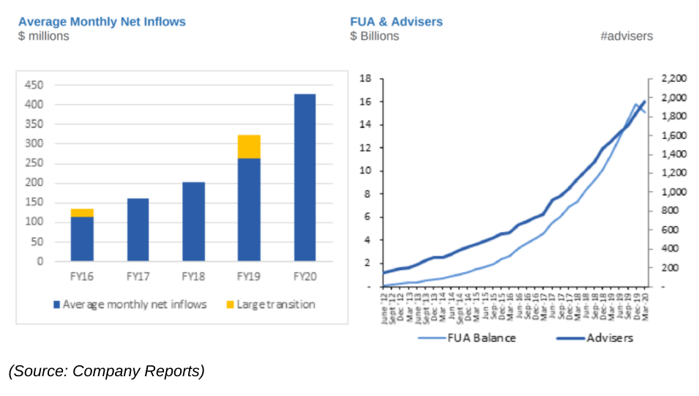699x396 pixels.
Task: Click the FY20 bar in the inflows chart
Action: coord(304,177)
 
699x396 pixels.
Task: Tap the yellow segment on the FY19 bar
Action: coord(249,146)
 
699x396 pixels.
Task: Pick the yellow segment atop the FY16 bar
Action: coord(82,213)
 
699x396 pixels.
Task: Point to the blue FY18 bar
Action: coord(193,221)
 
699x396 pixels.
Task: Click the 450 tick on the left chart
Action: coord(34,85)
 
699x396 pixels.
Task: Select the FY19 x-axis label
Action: coord(249,277)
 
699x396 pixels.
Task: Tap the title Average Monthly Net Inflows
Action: coord(102,21)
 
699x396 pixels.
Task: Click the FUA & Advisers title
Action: coord(396,21)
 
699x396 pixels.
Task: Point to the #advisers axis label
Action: coord(626,36)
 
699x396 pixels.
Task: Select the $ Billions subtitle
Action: coord(374,36)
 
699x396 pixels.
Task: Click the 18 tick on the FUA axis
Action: coord(367,78)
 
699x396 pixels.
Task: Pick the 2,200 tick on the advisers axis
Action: coord(673,78)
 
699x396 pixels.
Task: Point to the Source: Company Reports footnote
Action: coord(107,371)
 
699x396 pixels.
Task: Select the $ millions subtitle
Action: coord(44,36)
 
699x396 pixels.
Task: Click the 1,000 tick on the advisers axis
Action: coord(673,192)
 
